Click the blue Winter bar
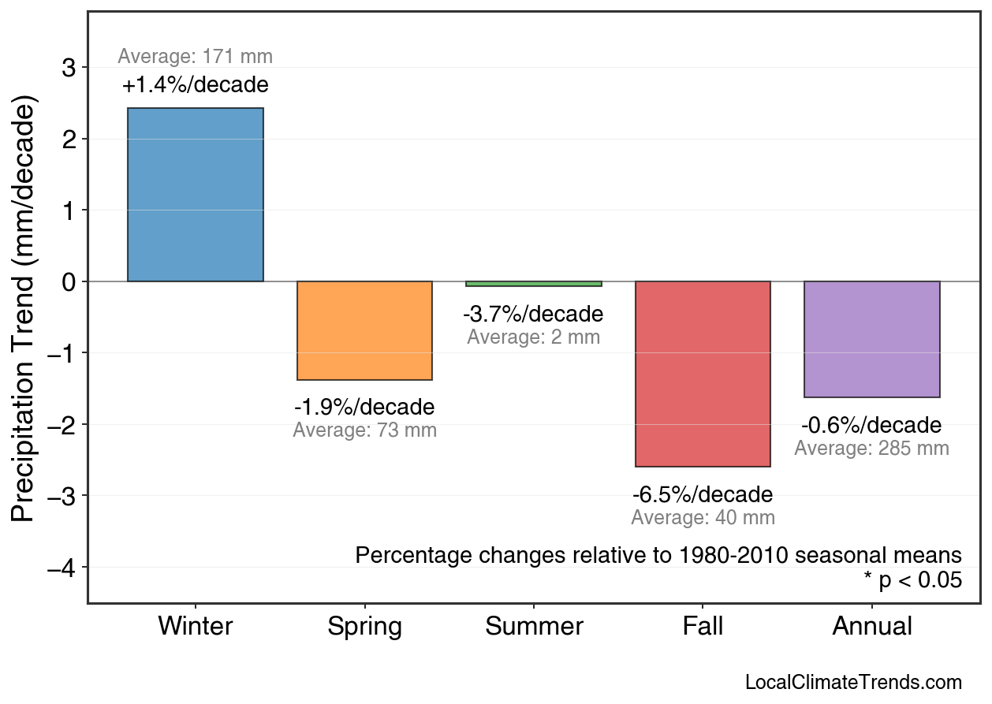[x=196, y=195]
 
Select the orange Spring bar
[x=364, y=330]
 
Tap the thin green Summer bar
[x=534, y=284]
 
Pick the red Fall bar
[x=703, y=374]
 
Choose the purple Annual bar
[x=871, y=339]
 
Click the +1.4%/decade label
[x=196, y=85]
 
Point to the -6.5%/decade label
[x=703, y=495]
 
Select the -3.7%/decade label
[x=534, y=315]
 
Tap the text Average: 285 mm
[x=871, y=449]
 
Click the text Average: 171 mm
[x=196, y=57]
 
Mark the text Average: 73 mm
[x=364, y=431]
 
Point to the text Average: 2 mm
[x=534, y=337]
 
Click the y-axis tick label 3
[x=69, y=68]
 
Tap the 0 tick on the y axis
[x=69, y=281]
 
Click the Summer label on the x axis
[x=534, y=627]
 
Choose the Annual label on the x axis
[x=871, y=627]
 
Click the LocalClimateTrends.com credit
[x=853, y=683]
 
